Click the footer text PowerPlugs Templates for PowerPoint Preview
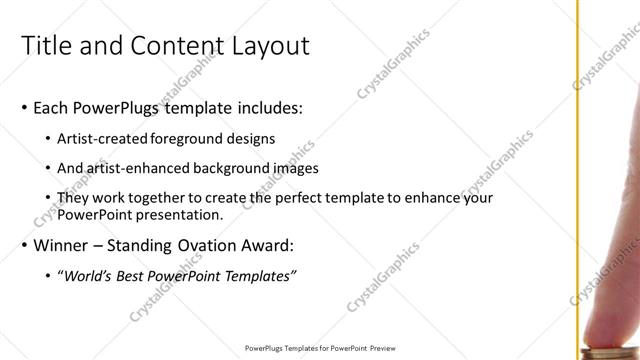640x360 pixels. point(319,349)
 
